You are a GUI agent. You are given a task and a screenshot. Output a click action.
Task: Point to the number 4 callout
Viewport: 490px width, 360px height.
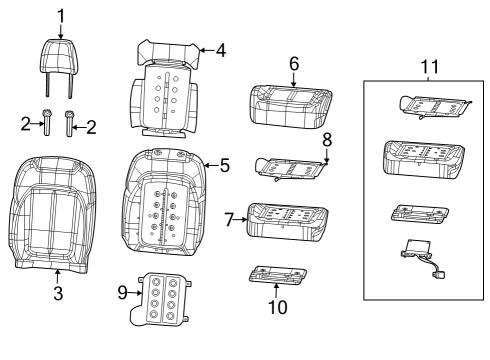pos(221,47)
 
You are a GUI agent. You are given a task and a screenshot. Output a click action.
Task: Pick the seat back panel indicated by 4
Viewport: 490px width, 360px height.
pos(163,90)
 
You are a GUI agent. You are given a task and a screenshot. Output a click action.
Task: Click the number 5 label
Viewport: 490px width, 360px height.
pos(224,165)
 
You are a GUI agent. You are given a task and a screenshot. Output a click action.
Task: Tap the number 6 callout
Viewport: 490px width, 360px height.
pos(294,62)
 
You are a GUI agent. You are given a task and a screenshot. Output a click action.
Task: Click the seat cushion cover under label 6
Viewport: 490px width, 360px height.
pos(293,104)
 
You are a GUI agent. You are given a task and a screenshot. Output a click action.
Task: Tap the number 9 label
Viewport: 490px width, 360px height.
pos(123,292)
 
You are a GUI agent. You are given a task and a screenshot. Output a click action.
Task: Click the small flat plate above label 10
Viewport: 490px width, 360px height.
pos(275,272)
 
